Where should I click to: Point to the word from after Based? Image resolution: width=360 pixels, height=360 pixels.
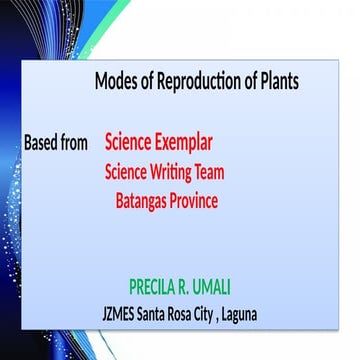pos(77,143)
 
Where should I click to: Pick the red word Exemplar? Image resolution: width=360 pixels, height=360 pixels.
pos(185,142)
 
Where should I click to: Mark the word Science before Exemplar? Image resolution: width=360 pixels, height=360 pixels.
pos(129,142)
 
